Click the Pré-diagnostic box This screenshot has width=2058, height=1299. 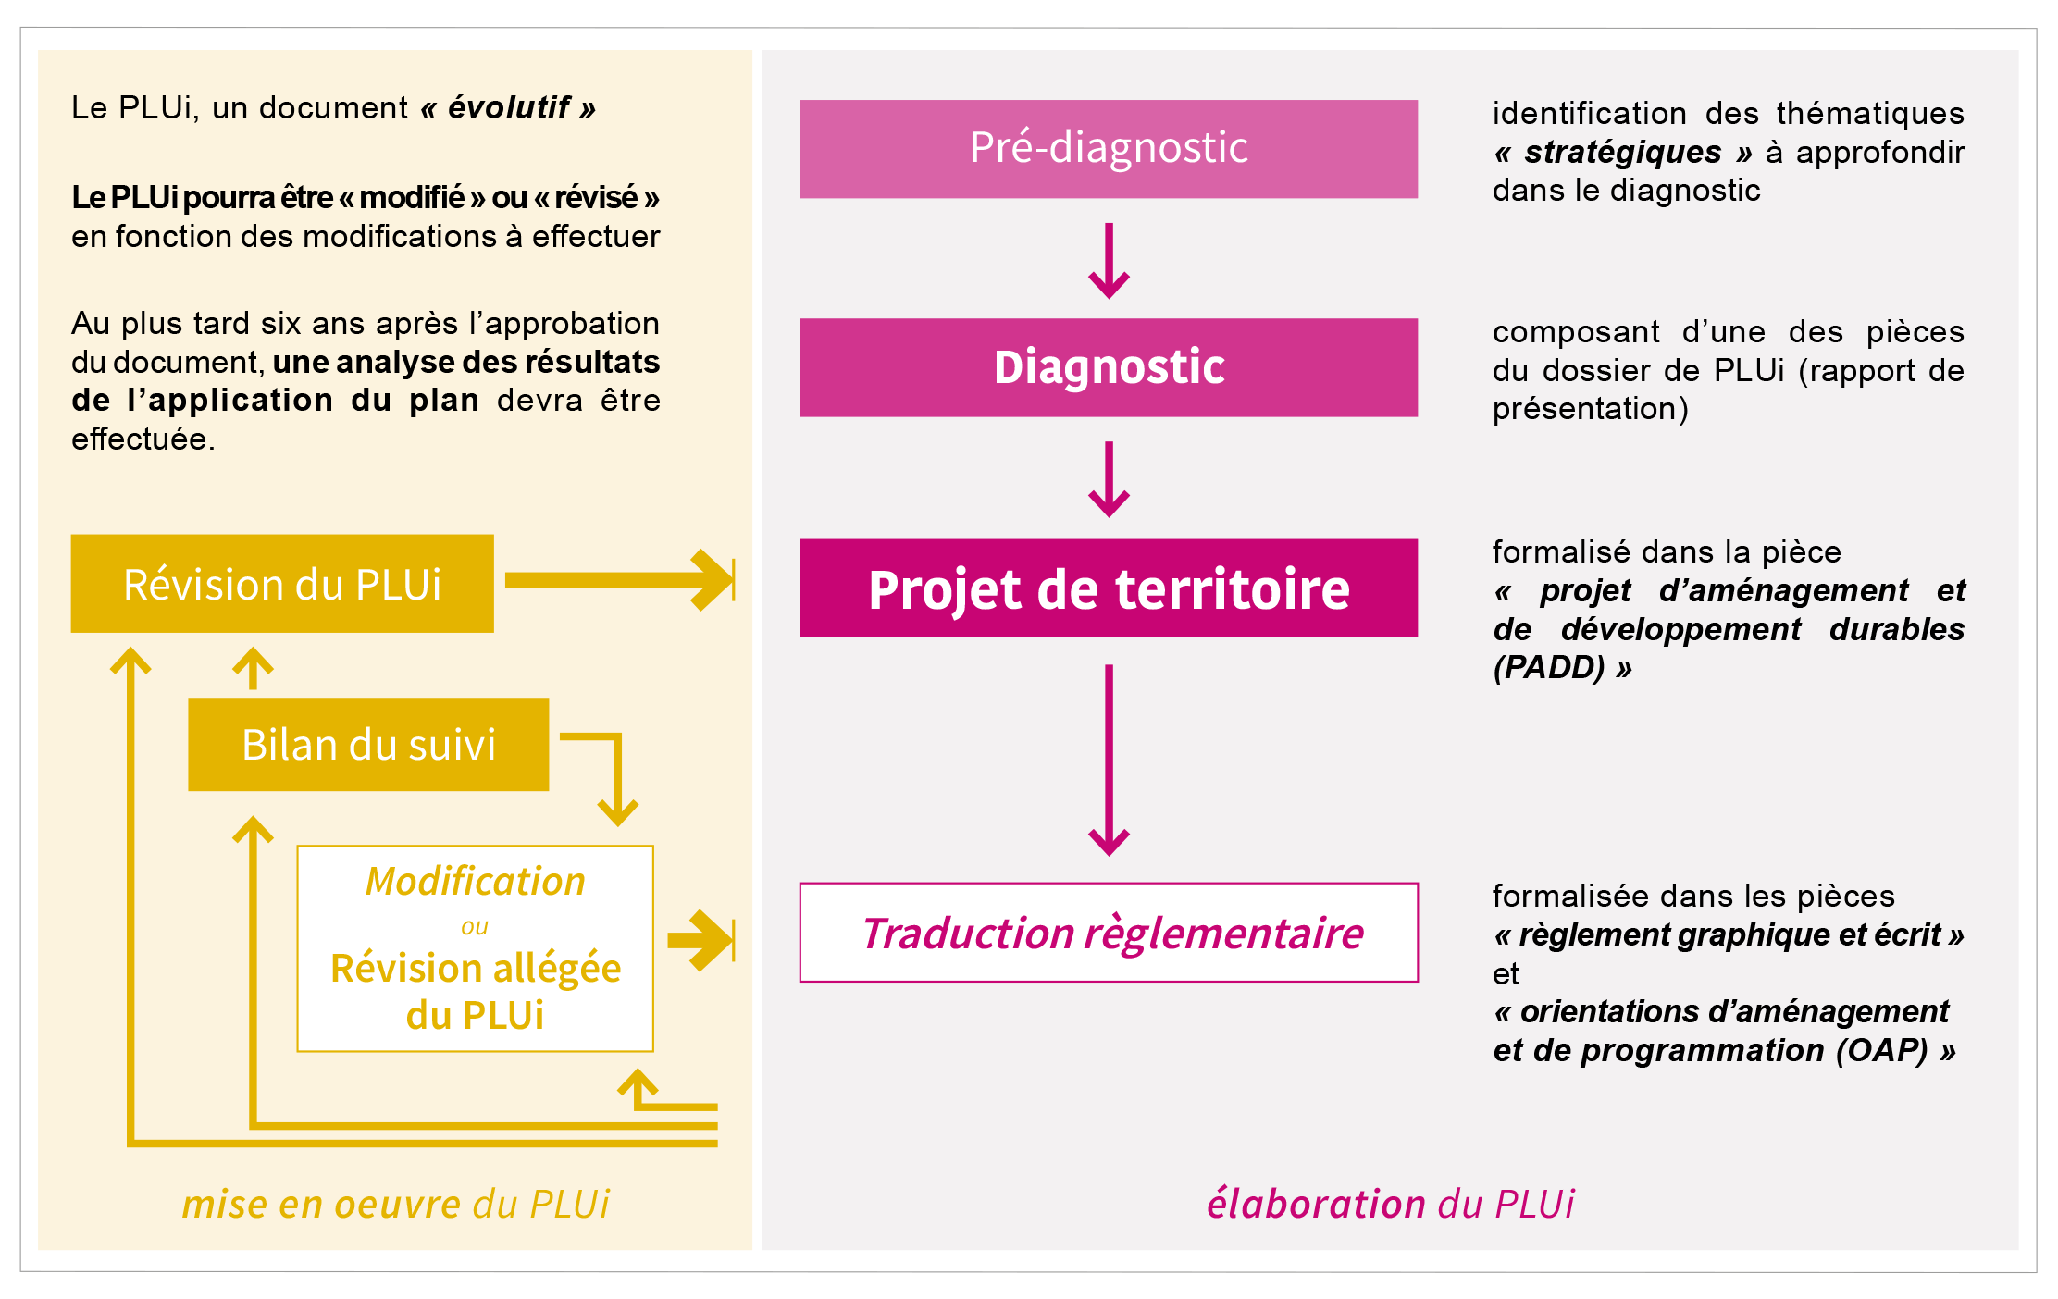click(x=1108, y=149)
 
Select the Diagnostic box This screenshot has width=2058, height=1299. click(x=1108, y=367)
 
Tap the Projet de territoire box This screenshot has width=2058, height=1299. click(x=1108, y=588)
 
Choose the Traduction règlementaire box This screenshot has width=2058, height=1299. click(x=1108, y=933)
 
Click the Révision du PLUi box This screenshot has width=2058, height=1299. click(x=282, y=584)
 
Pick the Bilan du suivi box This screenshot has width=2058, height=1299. click(x=368, y=745)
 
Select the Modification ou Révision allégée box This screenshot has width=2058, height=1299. click(x=475, y=948)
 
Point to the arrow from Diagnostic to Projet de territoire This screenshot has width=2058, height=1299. click(x=1109, y=478)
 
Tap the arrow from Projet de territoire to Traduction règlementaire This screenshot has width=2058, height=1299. click(x=1109, y=759)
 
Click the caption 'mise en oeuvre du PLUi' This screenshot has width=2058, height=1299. click(x=395, y=1204)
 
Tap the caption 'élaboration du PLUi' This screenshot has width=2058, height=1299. click(x=1390, y=1204)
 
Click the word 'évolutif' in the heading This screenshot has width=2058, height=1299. click(x=508, y=108)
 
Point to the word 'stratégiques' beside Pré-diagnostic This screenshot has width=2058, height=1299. click(x=1622, y=152)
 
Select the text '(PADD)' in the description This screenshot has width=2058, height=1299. click(x=1548, y=667)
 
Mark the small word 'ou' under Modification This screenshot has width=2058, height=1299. click(x=474, y=926)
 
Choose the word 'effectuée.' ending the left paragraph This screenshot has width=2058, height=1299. click(x=143, y=439)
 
